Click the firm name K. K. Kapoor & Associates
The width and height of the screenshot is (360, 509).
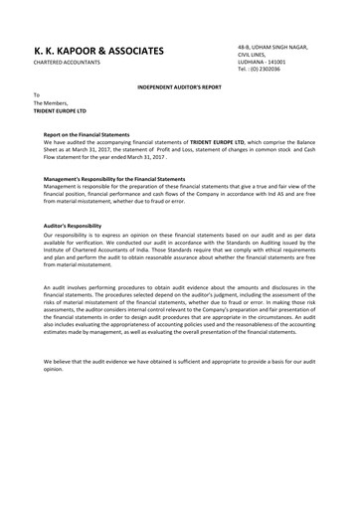click(98, 50)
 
